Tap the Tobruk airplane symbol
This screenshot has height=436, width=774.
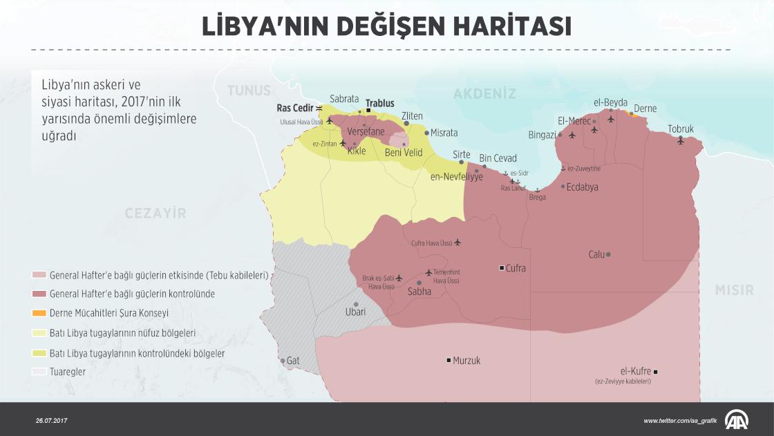681,142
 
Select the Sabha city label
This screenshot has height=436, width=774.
419,292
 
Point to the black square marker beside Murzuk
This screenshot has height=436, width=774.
449,360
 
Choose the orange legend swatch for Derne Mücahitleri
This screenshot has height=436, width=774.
39,313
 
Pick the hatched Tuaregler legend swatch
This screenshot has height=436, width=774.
39,372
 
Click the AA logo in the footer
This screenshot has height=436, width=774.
737,419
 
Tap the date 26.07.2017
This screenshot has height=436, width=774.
52,420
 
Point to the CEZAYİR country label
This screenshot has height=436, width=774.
155,214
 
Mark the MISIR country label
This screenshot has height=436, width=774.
734,290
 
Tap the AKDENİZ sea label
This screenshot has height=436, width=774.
485,93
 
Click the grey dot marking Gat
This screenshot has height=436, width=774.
283,361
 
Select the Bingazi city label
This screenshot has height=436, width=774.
542,135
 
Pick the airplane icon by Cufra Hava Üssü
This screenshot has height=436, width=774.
457,243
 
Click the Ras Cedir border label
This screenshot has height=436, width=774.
294,108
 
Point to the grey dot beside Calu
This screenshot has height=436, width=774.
608,254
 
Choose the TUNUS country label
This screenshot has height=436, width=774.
250,91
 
